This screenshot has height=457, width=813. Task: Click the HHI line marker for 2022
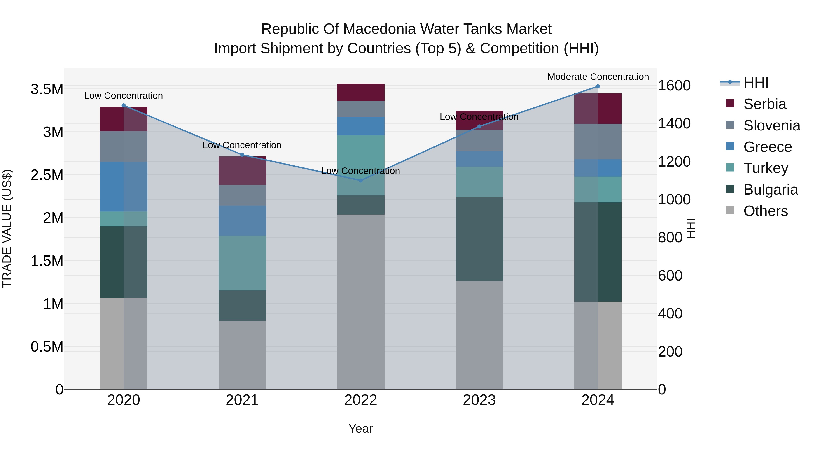[x=361, y=180]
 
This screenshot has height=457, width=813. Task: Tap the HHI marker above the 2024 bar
[x=598, y=86]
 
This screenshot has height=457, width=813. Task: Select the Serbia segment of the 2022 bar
[x=361, y=92]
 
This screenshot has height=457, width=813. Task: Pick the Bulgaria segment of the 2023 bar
[x=479, y=239]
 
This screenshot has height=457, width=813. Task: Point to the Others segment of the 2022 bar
[x=361, y=302]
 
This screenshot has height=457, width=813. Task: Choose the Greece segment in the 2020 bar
[x=124, y=186]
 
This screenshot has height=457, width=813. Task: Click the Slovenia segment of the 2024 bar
[x=598, y=142]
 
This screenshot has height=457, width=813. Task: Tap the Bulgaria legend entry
[x=770, y=190]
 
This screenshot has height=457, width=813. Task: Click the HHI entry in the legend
[x=756, y=83]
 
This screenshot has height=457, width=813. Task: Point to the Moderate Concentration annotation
[x=598, y=77]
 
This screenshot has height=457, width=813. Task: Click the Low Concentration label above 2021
[x=242, y=145]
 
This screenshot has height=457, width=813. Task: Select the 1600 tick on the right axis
[x=674, y=86]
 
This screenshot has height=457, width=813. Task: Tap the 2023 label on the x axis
[x=479, y=400]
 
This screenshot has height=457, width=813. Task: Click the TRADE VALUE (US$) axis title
[x=7, y=228]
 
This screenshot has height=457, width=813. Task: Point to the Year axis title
[x=361, y=429]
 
